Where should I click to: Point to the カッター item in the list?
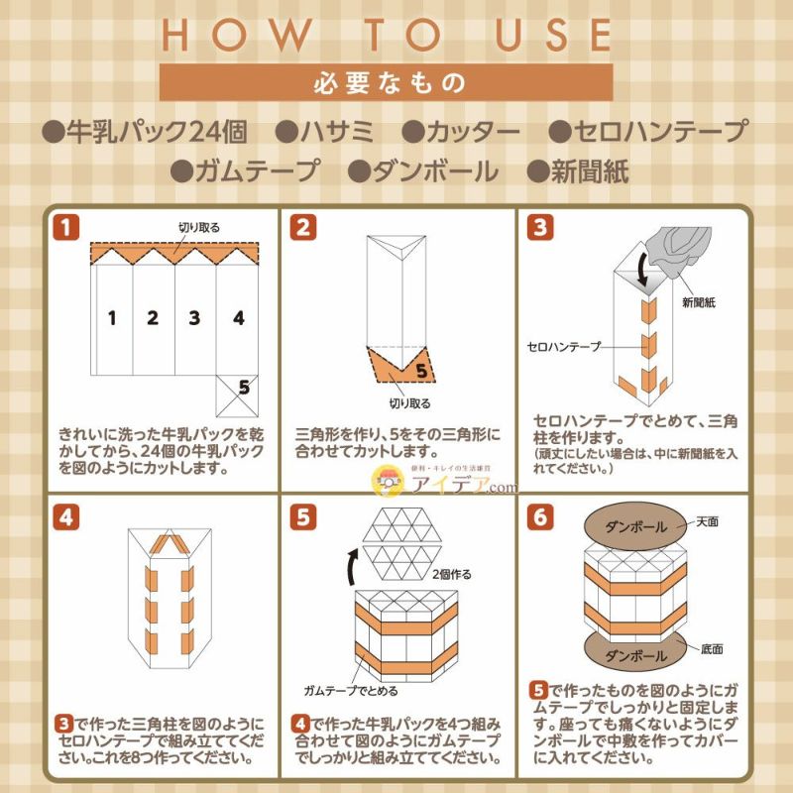pos(461,132)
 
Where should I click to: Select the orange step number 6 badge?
pos(538,517)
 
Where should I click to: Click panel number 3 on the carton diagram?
pos(194,318)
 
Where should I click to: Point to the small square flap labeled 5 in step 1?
pos(238,395)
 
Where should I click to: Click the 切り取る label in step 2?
pos(409,403)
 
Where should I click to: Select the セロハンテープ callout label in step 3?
pos(562,348)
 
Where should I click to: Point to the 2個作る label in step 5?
pos(452,574)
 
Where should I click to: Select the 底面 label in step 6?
pos(711,649)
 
